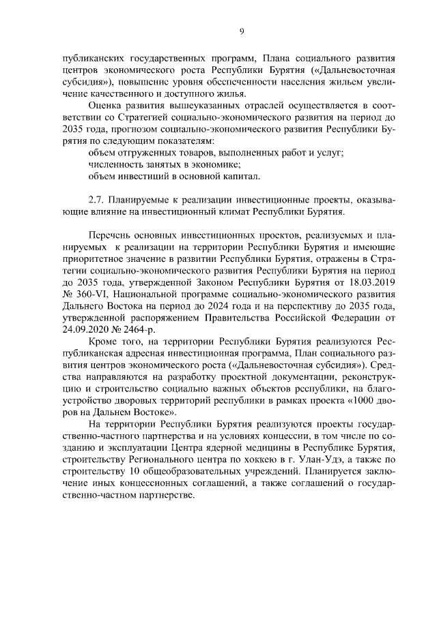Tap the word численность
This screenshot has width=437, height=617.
[x=117, y=164]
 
